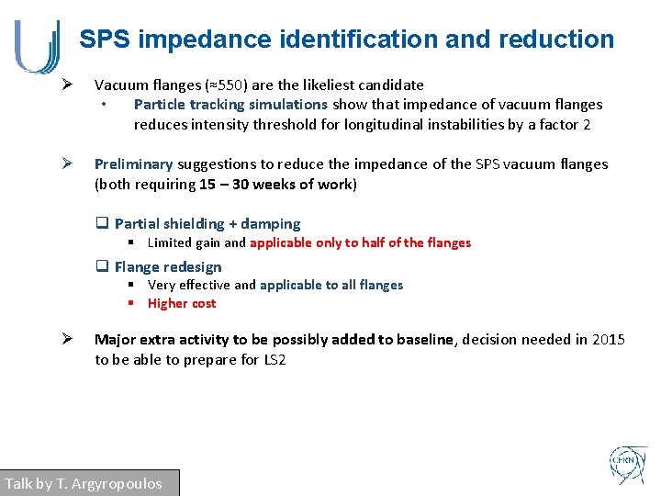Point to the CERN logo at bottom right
pyautogui.click(x=629, y=466)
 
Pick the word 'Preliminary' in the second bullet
pyautogui.click(x=133, y=164)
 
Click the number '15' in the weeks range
pyautogui.click(x=207, y=184)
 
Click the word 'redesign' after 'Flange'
pyautogui.click(x=195, y=267)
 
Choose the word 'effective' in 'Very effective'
pyautogui.click(x=205, y=285)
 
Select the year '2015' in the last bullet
pyautogui.click(x=608, y=340)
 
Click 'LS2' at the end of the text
pyautogui.click(x=274, y=359)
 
